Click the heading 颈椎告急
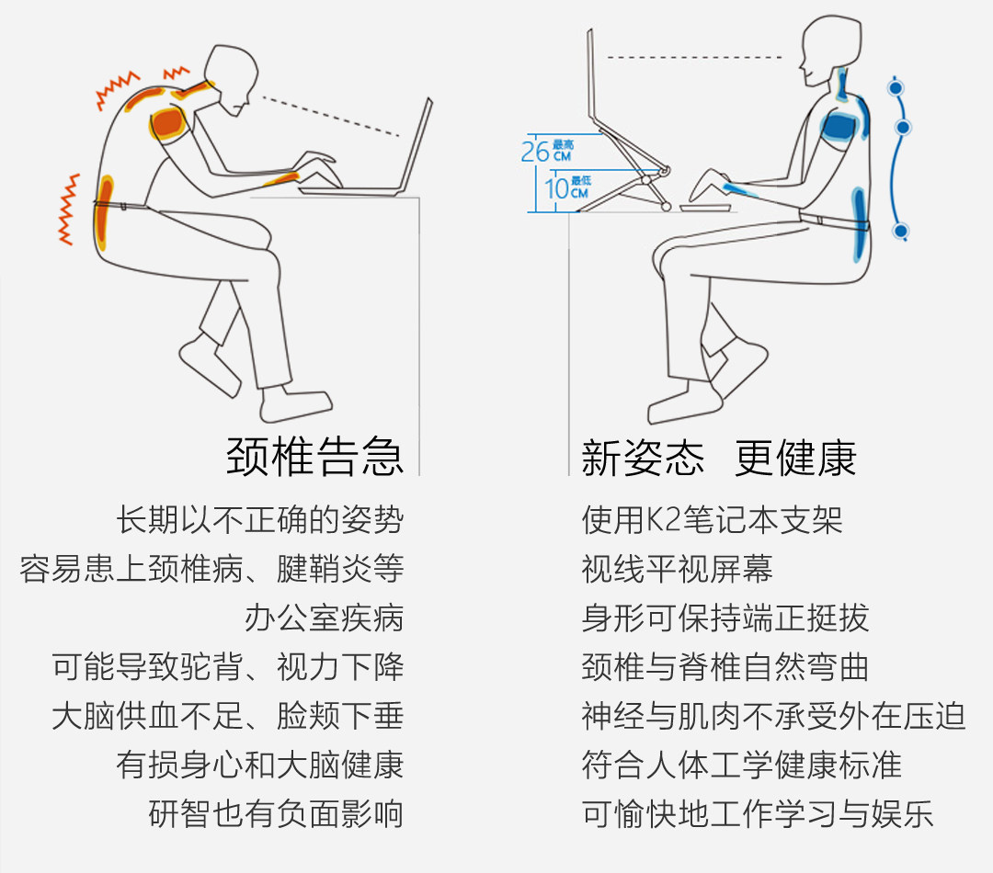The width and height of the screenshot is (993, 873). click(x=314, y=455)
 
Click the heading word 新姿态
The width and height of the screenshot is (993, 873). click(x=643, y=457)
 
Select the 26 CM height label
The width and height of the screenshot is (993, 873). click(x=548, y=150)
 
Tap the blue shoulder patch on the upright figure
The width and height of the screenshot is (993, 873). click(x=839, y=124)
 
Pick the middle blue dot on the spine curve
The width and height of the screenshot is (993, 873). click(x=903, y=127)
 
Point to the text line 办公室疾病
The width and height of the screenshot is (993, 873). click(x=324, y=618)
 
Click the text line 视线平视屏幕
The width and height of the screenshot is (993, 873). click(x=677, y=569)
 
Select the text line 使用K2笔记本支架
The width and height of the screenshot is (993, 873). click(x=712, y=520)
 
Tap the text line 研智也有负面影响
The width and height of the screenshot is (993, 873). click(x=276, y=813)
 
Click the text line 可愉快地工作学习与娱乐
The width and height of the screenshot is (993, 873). click(x=758, y=813)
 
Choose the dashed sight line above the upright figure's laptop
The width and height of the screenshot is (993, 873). click(x=694, y=57)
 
